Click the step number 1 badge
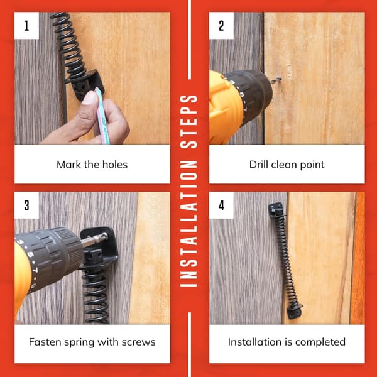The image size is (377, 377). pos(26,26)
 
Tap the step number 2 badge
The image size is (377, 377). pos(221,26)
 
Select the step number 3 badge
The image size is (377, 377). pos(26,205)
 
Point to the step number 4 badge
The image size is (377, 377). pos(221,205)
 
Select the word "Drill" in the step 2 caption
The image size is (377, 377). pos(259,165)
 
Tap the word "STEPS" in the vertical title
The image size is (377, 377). pos(189,121)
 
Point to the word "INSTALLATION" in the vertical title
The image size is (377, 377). pos(189,224)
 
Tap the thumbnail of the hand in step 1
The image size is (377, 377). pos(89,97)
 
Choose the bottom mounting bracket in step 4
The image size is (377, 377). pos(294,312)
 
